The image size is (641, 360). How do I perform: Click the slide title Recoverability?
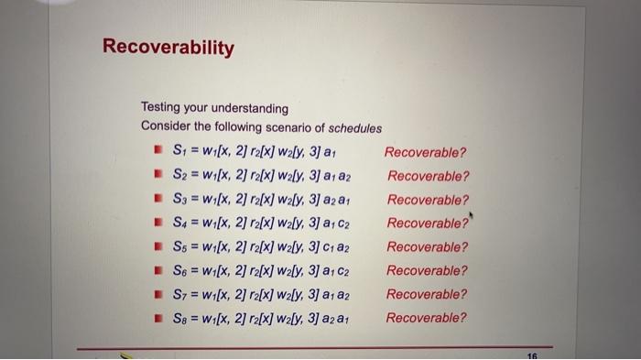(168, 47)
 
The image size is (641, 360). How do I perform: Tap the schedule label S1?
(179, 152)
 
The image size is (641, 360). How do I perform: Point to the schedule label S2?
(179, 176)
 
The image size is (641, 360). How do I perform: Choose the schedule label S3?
(179, 200)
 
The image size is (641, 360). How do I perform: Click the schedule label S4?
(179, 224)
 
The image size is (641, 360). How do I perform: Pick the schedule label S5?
(179, 247)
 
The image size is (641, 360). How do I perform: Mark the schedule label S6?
(179, 271)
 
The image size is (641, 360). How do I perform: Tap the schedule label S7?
(179, 295)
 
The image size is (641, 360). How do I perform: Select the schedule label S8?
(179, 319)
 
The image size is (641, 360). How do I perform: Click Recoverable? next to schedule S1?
(425, 152)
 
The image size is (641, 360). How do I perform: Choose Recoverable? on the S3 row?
(428, 200)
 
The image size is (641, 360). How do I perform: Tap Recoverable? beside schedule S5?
(427, 247)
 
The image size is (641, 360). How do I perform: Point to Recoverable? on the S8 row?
(426, 319)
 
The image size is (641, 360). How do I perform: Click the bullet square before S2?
(158, 177)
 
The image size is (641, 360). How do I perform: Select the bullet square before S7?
(158, 295)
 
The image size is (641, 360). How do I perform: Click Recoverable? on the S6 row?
(427, 271)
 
